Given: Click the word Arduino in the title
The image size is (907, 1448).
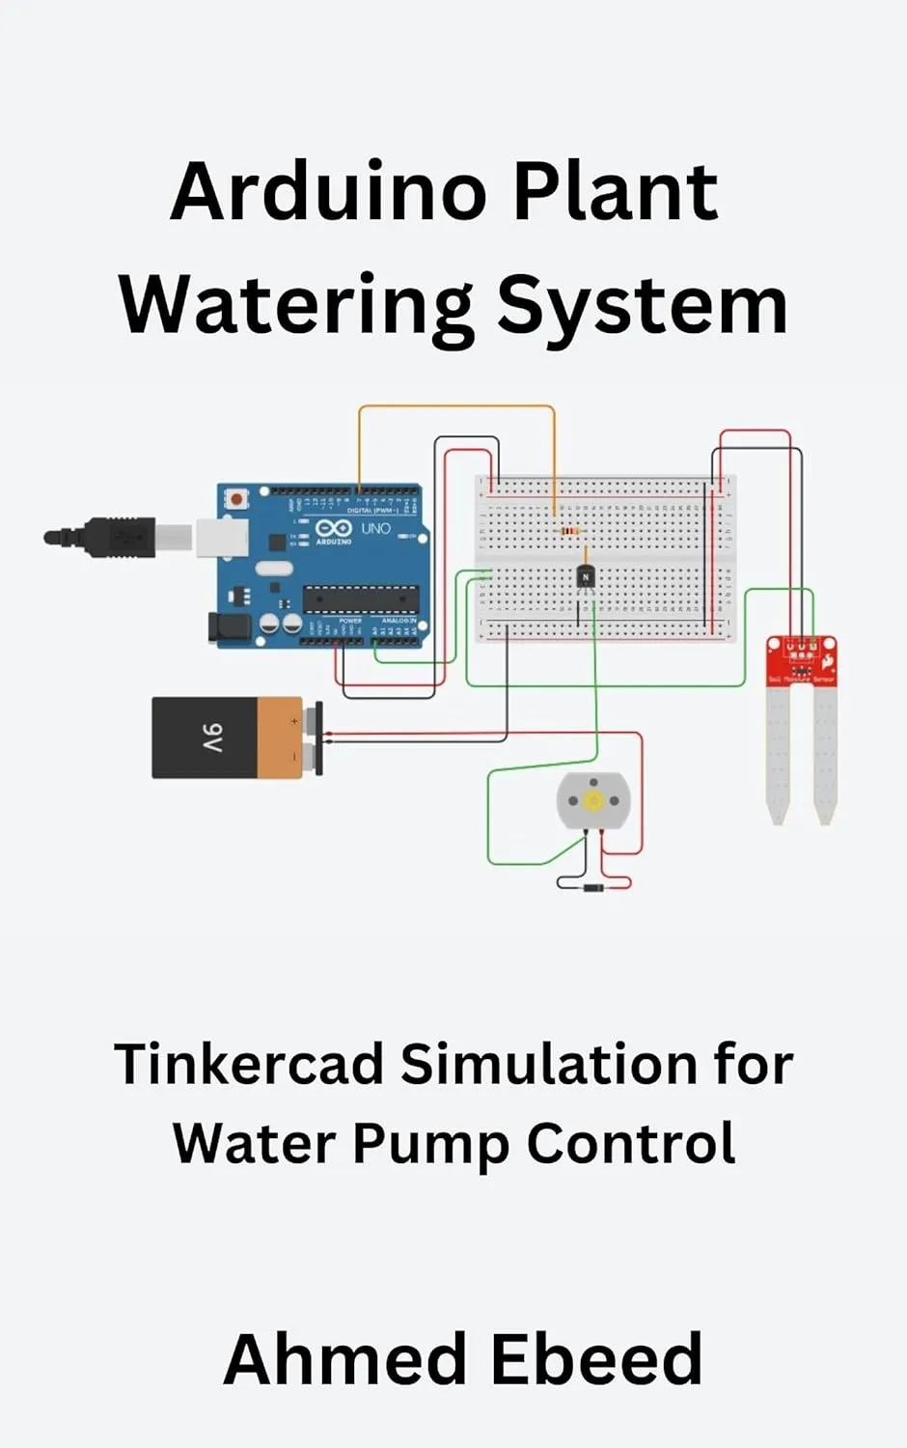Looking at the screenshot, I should pos(329,192).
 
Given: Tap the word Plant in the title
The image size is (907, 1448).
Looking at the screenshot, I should pos(615,192).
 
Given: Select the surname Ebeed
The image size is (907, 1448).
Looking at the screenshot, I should pos(595,1359).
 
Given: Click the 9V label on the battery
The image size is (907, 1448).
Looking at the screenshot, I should pos(213,738).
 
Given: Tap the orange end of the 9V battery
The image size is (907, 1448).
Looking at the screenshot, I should pos(280,738).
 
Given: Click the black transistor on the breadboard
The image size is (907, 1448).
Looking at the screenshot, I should pos(585,576).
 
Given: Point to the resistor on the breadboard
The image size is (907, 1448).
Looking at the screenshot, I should pos(569,531).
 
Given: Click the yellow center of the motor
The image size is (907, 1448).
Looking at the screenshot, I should pos(593,800).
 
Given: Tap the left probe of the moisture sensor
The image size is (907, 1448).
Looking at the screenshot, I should pos(778,753).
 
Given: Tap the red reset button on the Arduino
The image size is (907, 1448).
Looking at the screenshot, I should pos(235,499).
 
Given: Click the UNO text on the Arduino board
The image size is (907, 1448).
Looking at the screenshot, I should pos(375,529).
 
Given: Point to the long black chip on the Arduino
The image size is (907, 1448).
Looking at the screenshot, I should pos(361,599).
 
